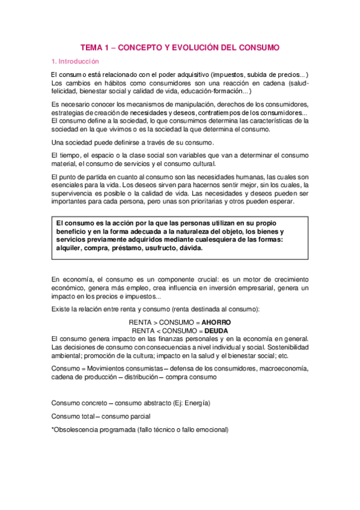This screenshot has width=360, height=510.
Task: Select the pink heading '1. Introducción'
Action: pyautogui.click(x=75, y=61)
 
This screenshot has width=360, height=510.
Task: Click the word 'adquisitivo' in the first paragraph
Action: pyautogui.click(x=185, y=75)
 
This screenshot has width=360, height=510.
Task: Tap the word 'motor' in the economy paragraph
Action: pyautogui.click(x=252, y=280)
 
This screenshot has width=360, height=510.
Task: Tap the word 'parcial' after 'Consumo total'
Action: pyautogui.click(x=138, y=416)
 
